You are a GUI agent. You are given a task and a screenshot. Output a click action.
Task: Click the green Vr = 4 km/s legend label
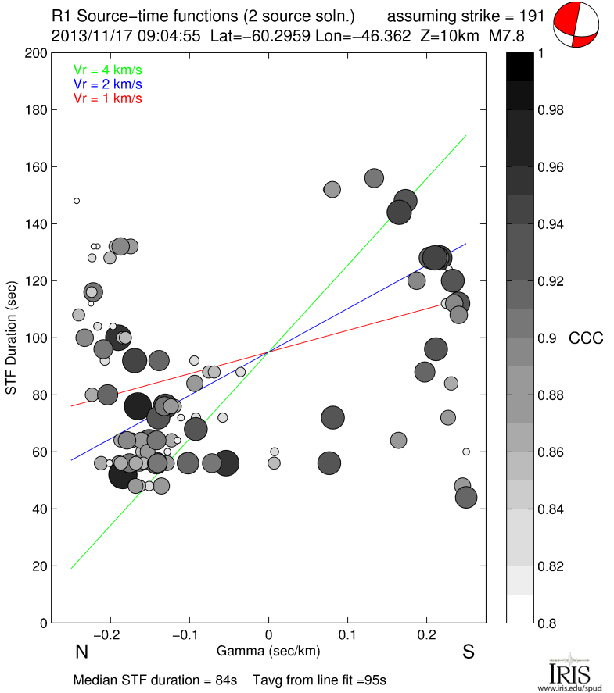[x=107, y=70]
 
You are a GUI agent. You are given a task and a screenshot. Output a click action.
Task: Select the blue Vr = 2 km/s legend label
[x=107, y=84]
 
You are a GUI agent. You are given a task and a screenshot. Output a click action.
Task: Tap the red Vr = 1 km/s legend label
[x=107, y=98]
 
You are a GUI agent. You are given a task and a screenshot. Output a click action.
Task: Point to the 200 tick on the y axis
[x=36, y=53]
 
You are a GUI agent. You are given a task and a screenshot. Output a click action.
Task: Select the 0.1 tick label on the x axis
[x=348, y=634]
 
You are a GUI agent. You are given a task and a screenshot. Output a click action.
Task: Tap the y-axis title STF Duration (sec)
[x=13, y=338]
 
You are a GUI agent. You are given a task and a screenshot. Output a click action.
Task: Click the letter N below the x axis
[x=81, y=652]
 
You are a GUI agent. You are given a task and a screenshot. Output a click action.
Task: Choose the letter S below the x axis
[x=469, y=652]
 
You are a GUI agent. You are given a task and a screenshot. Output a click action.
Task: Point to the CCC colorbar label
[x=586, y=338]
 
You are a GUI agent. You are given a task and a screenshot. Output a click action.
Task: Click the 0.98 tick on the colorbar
[x=551, y=110]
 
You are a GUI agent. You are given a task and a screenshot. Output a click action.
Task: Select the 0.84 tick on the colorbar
[x=551, y=509]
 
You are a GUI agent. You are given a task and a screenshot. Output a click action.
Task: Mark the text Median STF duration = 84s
[x=155, y=680]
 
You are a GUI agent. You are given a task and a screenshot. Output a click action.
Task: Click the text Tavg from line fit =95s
[x=320, y=680]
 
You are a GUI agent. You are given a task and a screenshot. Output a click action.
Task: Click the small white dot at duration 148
[x=77, y=201]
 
